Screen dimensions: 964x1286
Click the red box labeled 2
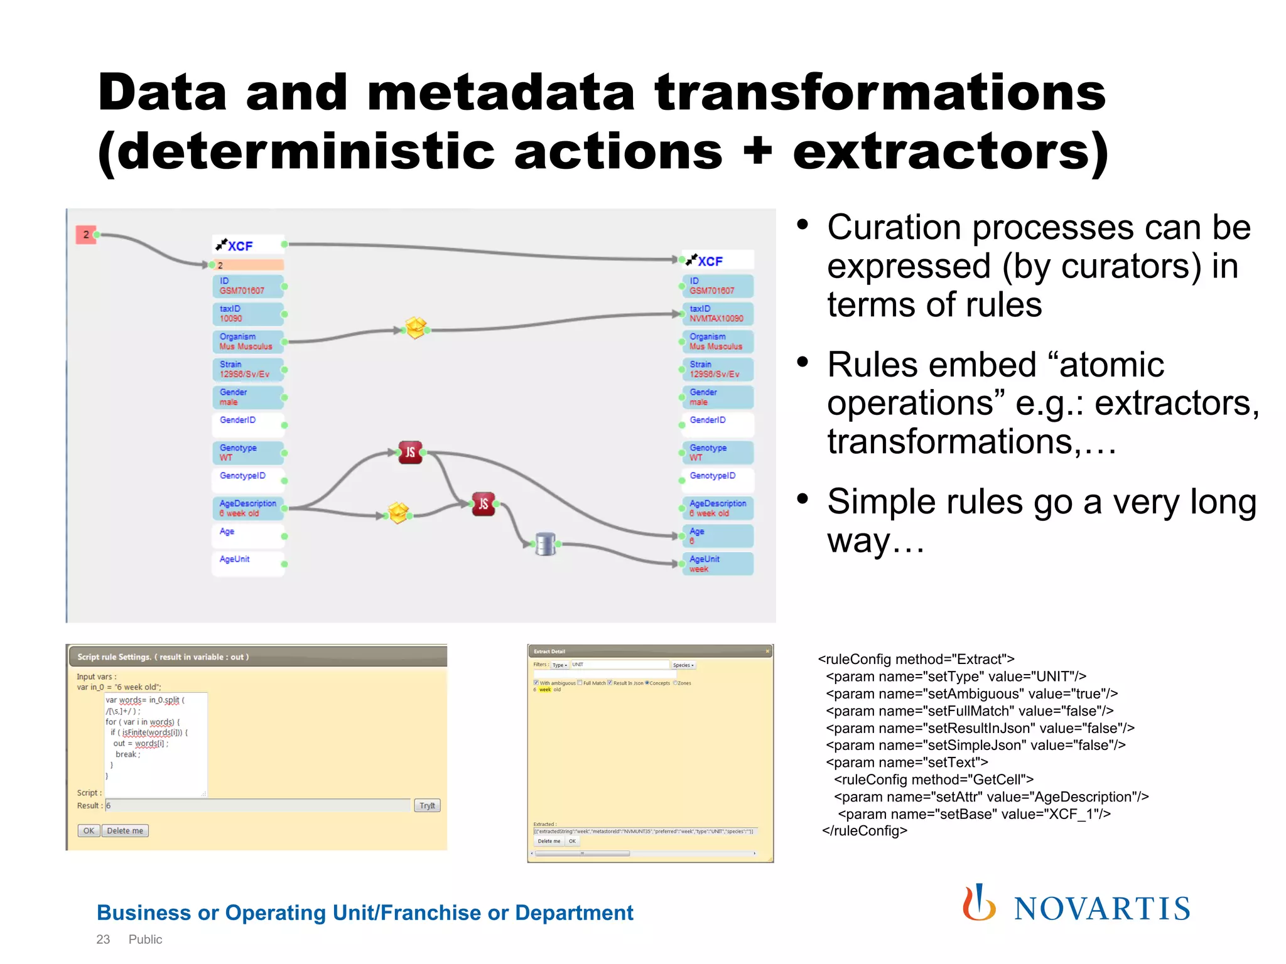[x=85, y=235]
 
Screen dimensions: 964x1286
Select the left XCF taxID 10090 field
[x=247, y=314]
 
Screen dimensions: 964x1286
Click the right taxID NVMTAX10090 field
[x=718, y=314]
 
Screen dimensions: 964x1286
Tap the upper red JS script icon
[x=410, y=452]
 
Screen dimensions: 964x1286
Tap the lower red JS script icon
[x=483, y=503]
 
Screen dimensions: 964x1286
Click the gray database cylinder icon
[x=545, y=544]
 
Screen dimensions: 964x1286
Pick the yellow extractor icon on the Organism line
[x=415, y=328]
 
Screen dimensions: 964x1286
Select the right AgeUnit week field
[x=718, y=564]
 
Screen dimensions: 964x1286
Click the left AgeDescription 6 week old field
[x=247, y=508]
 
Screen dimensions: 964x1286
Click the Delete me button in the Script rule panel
[x=125, y=830]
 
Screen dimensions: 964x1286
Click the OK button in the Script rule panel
[x=89, y=830]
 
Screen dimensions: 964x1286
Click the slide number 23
[x=103, y=940]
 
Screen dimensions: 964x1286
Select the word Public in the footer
[x=145, y=940]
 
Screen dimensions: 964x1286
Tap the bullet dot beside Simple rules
[x=802, y=499]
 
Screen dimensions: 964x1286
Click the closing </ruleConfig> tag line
[x=865, y=831]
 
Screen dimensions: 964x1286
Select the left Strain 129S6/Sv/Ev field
[x=247, y=369]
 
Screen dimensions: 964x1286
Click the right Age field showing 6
[x=718, y=536]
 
